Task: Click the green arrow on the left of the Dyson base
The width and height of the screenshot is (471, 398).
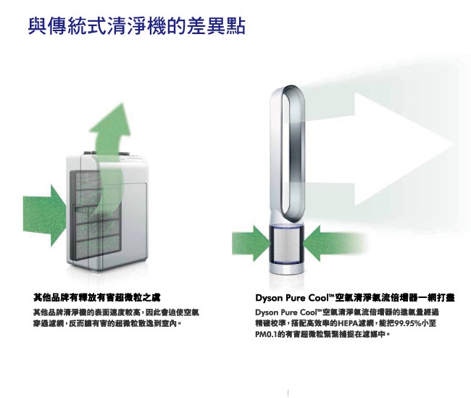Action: click(x=249, y=238)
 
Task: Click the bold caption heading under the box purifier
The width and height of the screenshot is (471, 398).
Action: click(x=97, y=297)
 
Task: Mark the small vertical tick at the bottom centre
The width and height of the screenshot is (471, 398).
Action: click(x=288, y=392)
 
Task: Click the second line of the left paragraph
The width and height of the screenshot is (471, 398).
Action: click(x=105, y=323)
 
